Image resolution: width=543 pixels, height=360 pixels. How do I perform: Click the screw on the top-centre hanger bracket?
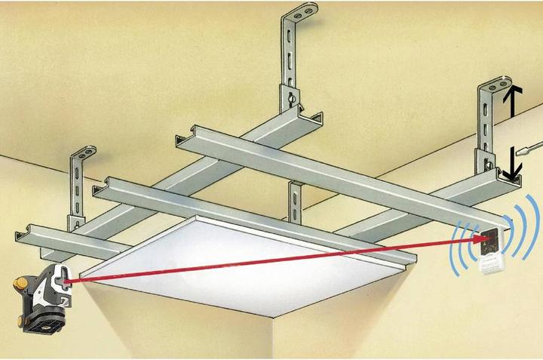coord(290,97)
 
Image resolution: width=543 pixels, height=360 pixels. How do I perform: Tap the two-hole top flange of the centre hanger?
coord(302,14)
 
